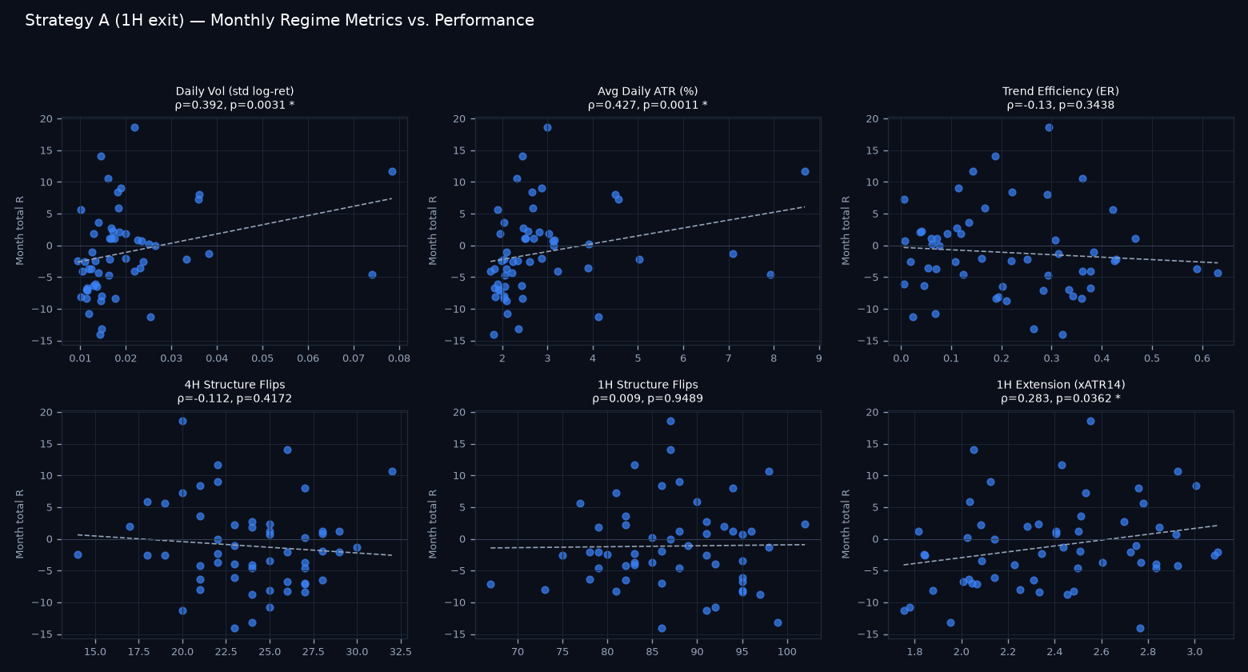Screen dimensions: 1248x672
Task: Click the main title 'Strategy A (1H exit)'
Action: (x=105, y=21)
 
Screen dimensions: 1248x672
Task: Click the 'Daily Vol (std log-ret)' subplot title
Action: (x=234, y=91)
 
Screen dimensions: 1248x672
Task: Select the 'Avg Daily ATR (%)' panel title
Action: (x=647, y=91)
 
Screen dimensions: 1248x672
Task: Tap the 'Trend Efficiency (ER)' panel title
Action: (x=1060, y=91)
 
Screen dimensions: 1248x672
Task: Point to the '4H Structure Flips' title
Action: (x=234, y=385)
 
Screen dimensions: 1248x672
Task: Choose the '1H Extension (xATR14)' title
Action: (x=1060, y=385)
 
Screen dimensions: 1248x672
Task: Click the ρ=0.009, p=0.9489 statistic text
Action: (x=647, y=398)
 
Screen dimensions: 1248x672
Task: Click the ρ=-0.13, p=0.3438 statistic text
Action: (x=1060, y=105)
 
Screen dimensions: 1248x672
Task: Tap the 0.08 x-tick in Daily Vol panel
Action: (x=399, y=358)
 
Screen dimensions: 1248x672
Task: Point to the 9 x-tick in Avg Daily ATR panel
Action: (x=818, y=358)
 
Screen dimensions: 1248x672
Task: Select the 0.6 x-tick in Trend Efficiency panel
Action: (x=1202, y=358)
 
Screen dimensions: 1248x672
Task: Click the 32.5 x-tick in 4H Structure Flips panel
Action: (x=401, y=651)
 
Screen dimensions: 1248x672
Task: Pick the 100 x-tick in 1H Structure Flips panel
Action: (x=786, y=651)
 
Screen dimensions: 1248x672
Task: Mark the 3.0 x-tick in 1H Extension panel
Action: (x=1194, y=651)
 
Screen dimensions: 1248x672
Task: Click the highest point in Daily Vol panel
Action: (x=135, y=128)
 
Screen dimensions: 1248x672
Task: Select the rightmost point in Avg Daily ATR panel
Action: (x=805, y=172)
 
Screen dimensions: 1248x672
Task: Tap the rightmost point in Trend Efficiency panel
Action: (x=1218, y=273)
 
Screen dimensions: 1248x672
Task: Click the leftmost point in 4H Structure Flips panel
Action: (x=78, y=555)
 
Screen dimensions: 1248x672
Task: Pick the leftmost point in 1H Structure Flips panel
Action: (x=491, y=585)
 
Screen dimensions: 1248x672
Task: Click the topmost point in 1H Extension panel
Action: (x=1091, y=422)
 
